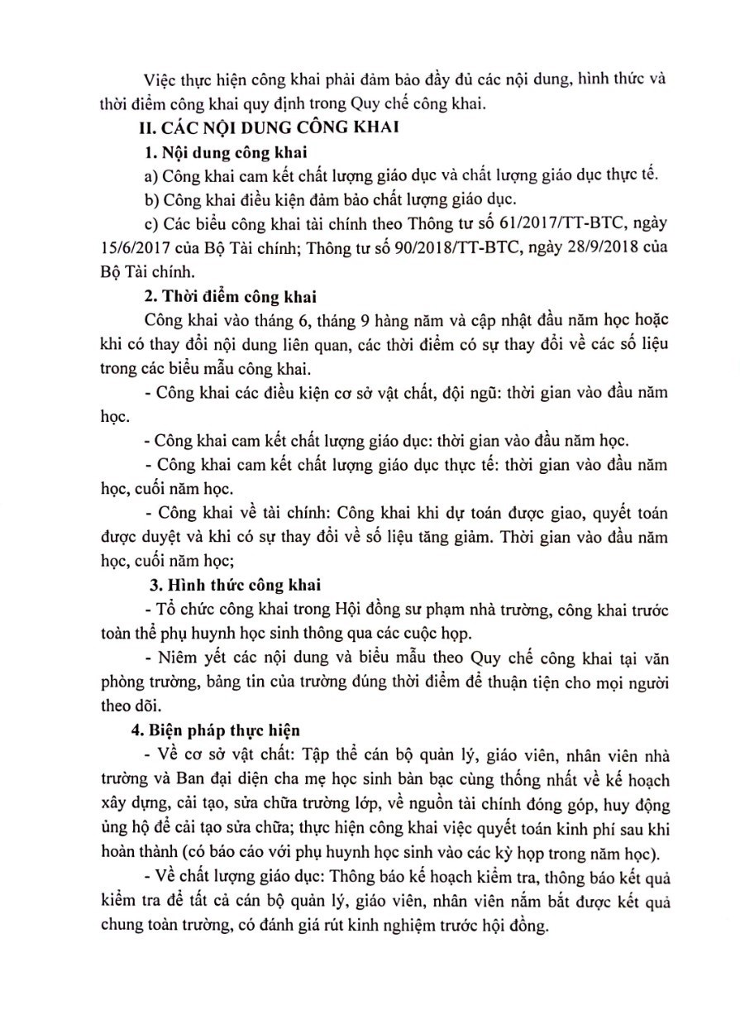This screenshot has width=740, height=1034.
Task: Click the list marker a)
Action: [150, 176]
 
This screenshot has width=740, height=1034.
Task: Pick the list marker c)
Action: [150, 224]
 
